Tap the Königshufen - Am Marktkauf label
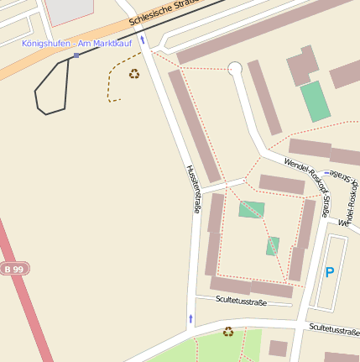click(x=76, y=43)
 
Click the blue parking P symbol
click(x=329, y=272)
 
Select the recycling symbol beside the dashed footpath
click(x=134, y=74)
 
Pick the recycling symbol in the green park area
click(x=228, y=332)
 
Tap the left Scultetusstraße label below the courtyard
click(x=241, y=300)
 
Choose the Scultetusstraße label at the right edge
click(x=333, y=328)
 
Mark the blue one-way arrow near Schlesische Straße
click(x=142, y=39)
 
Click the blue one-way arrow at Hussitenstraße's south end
click(x=190, y=318)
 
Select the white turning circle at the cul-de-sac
click(x=235, y=68)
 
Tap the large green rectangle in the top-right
click(x=316, y=101)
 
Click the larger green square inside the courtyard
click(x=251, y=209)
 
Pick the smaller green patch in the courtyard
click(x=273, y=246)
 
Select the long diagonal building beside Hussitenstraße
click(x=194, y=125)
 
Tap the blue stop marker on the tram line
click(x=76, y=55)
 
